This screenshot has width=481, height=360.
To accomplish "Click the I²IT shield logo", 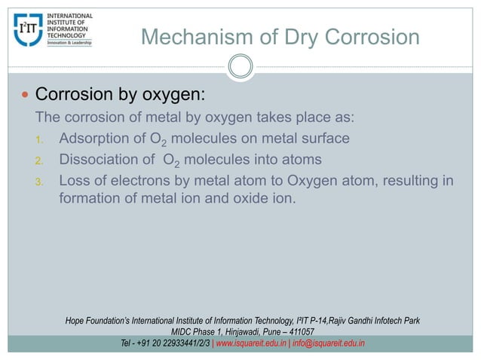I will point(29,29).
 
